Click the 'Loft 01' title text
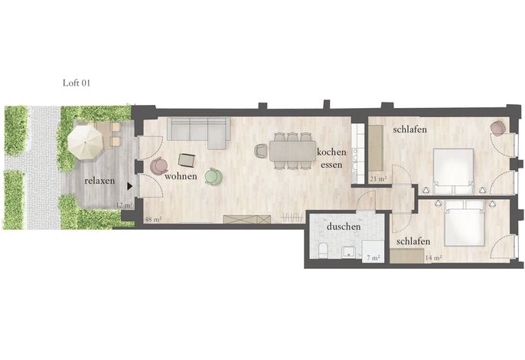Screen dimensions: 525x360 click(77, 83)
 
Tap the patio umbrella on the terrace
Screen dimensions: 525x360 click(85, 142)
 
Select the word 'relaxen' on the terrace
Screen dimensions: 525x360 click(99, 181)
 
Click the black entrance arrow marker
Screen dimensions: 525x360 click(129, 186)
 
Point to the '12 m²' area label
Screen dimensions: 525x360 click(124, 205)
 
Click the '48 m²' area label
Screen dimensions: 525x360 click(153, 220)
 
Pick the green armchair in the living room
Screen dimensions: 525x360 click(214, 176)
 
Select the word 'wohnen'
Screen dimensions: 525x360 click(181, 176)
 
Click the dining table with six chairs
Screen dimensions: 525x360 click(292, 151)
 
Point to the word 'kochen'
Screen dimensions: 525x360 click(331, 152)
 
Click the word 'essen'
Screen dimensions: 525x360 click(331, 165)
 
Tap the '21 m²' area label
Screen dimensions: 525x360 click(378, 179)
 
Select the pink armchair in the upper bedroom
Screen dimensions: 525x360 click(499, 128)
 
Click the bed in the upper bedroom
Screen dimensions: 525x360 click(453, 172)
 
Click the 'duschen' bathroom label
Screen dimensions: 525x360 click(344, 227)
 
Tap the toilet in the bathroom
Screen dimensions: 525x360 click(323, 250)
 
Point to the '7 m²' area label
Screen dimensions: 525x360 click(373, 258)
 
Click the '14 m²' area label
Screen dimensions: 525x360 click(433, 258)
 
